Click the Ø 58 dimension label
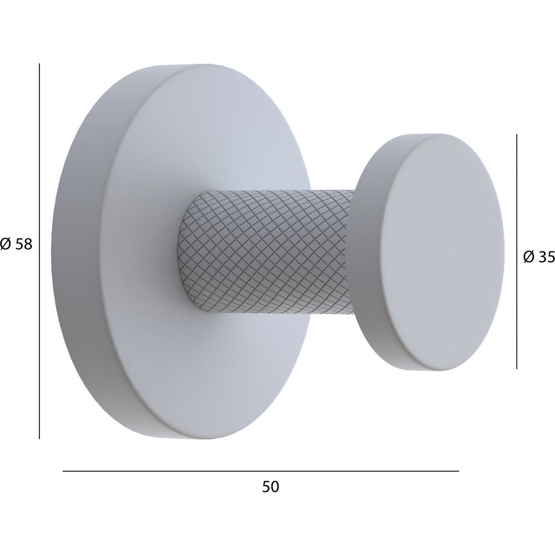click(x=16, y=244)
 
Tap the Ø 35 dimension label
click(x=539, y=258)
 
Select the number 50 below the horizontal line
click(x=271, y=487)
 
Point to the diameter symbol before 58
click(x=6, y=244)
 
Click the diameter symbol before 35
click(x=529, y=258)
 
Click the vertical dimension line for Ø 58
click(x=39, y=251)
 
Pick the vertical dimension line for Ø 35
click(x=517, y=251)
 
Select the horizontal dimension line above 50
click(x=261, y=471)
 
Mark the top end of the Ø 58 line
click(x=39, y=63)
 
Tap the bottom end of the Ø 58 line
click(x=39, y=439)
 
